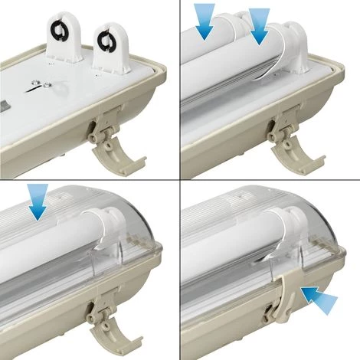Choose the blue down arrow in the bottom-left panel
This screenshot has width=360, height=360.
pos(36,201)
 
